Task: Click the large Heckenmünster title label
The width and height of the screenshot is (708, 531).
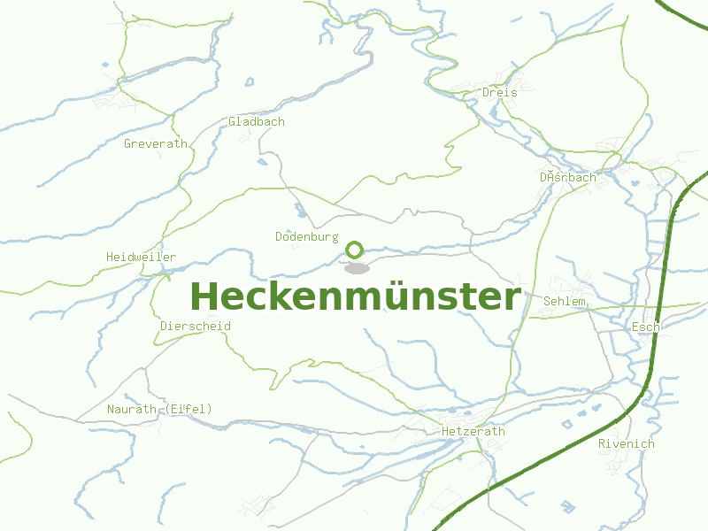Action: [355, 297]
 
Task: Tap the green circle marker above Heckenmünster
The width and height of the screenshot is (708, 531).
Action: [355, 250]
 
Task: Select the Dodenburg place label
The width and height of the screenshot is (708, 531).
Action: [307, 236]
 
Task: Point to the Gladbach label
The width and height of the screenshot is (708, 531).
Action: [257, 121]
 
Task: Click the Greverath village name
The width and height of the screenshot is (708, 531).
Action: [156, 143]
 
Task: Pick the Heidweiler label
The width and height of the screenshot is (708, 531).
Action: [141, 257]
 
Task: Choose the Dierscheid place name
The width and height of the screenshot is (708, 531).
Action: [196, 326]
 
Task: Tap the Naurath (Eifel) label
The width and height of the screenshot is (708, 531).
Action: [159, 408]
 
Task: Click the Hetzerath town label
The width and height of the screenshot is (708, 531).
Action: [473, 431]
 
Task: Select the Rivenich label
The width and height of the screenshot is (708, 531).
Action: [627, 443]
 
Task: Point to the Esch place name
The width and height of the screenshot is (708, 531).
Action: [645, 327]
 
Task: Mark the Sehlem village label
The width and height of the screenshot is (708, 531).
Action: [565, 301]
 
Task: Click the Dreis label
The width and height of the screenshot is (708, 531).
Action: [499, 91]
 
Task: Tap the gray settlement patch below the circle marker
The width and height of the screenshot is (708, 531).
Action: [357, 267]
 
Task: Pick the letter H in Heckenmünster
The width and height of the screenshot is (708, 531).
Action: [203, 297]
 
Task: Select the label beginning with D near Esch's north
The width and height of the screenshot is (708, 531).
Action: [568, 177]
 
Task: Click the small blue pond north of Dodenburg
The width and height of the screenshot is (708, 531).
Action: [302, 212]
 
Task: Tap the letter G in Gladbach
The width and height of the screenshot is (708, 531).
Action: [233, 121]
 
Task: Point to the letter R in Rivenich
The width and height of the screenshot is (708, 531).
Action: [602, 443]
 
